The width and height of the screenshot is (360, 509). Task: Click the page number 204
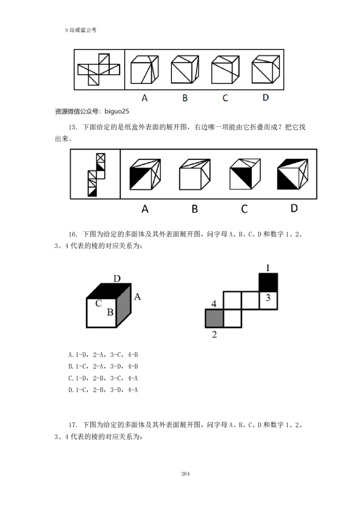[185, 473]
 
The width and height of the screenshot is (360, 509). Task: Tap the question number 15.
[73, 127]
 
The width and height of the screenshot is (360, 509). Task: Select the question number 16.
[73, 234]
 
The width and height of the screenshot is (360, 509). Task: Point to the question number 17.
[73, 425]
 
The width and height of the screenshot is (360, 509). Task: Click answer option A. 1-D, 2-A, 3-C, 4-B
[103, 355]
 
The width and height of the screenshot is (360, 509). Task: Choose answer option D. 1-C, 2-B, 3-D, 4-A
[103, 390]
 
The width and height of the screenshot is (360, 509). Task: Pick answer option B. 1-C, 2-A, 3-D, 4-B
[103, 366]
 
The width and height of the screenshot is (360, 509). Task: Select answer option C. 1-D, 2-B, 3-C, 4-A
[103, 378]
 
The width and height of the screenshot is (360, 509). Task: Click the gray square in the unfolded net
[215, 318]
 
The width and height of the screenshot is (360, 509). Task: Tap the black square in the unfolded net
[268, 282]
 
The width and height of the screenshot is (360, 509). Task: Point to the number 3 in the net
[268, 298]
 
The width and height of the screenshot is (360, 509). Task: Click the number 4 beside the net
[214, 304]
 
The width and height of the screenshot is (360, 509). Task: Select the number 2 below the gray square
[215, 335]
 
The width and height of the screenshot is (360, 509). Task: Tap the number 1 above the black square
[268, 268]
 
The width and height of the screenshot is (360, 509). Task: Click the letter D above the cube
[117, 278]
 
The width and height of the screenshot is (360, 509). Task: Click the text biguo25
[117, 112]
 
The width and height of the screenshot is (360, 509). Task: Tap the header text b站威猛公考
[81, 30]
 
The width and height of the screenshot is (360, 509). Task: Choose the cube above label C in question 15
[245, 174]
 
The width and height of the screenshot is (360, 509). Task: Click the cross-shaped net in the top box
[99, 69]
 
